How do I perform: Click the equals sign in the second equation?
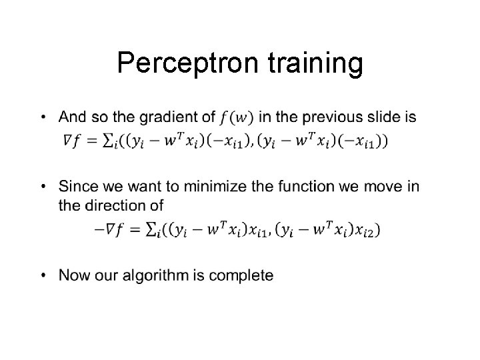[x=133, y=229]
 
